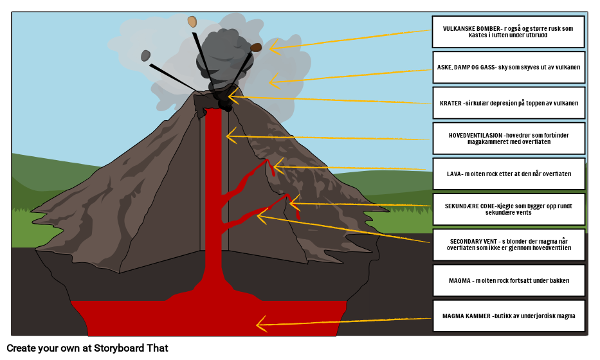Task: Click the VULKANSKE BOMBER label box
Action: coord(508,32)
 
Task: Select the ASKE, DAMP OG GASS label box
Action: coord(508,67)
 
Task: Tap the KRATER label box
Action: coord(508,103)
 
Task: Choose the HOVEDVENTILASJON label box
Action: coord(508,138)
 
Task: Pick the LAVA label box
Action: coord(508,174)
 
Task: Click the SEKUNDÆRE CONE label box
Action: coord(508,209)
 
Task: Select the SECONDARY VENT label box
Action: coord(508,244)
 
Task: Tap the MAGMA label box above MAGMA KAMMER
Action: coord(508,280)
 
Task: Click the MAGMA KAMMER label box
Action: coord(508,316)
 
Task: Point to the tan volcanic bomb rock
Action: coord(192,22)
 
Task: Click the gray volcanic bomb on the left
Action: coord(146,56)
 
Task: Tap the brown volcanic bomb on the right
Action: coord(256,48)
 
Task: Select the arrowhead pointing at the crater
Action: coord(233,97)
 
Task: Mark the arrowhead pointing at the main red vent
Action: coord(230,136)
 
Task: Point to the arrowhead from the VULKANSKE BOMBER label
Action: coord(273,47)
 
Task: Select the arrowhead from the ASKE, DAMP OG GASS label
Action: coord(273,82)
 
